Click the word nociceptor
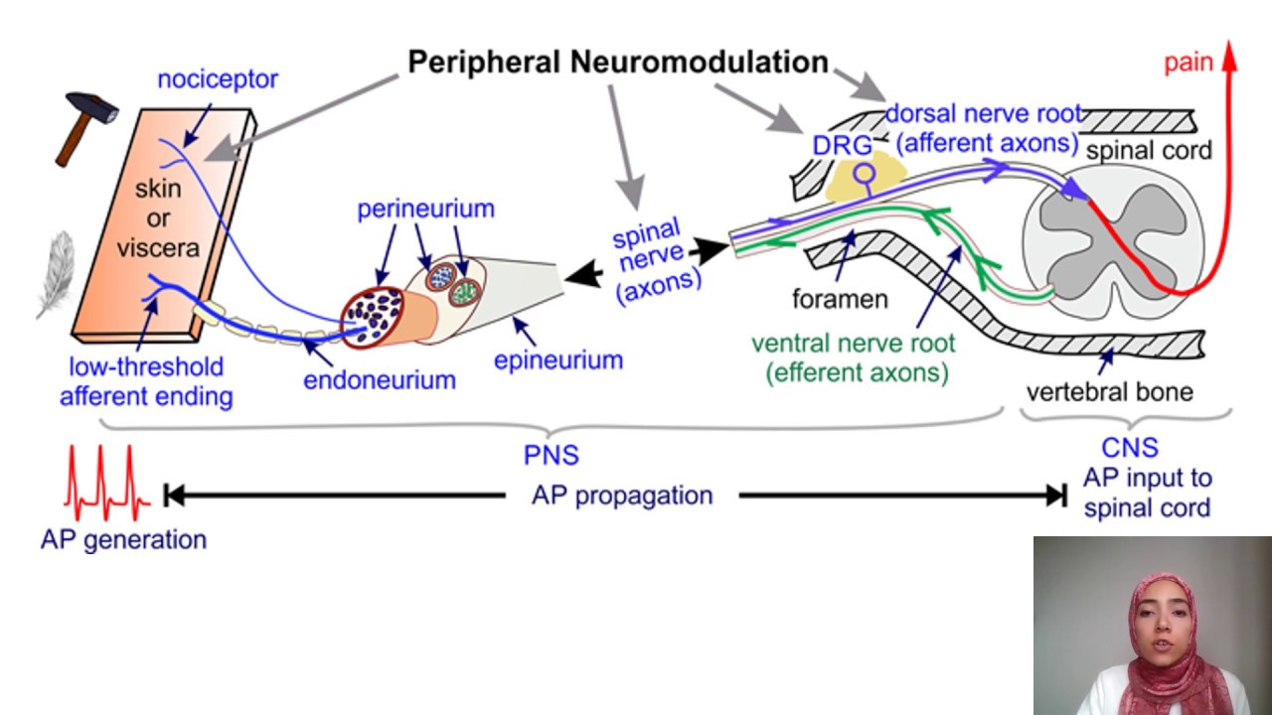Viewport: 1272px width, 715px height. point(218,79)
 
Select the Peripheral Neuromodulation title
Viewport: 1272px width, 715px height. point(618,62)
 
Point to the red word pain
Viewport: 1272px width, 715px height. point(1189,63)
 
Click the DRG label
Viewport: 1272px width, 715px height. point(842,145)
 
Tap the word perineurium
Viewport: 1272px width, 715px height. point(425,210)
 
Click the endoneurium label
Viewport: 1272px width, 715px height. point(380,379)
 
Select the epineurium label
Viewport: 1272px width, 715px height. point(558,359)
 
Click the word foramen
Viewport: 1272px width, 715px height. point(840,298)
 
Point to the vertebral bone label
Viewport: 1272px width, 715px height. point(1109,391)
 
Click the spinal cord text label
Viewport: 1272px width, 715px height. point(1149,151)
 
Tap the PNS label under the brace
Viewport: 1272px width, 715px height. point(552,456)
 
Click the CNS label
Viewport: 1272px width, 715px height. point(1130,449)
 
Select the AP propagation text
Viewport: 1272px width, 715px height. point(622,495)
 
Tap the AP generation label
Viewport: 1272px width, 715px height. point(123,540)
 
